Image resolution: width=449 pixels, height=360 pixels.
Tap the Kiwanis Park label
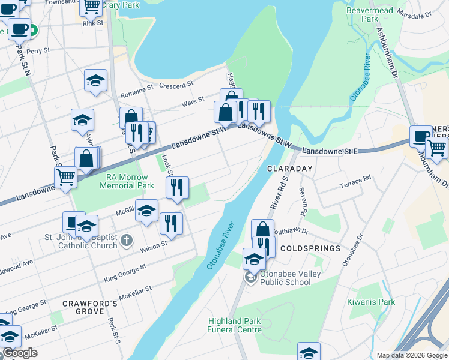click(x=371, y=302)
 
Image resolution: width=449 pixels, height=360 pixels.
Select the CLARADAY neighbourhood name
click(x=290, y=169)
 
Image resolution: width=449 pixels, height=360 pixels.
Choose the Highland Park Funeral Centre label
click(x=234, y=325)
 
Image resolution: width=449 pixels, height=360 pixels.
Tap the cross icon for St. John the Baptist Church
click(x=126, y=241)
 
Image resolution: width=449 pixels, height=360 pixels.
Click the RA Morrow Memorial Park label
click(x=122, y=181)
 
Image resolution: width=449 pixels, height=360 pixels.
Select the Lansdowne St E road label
click(x=330, y=151)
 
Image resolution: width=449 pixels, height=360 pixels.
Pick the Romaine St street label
click(x=137, y=91)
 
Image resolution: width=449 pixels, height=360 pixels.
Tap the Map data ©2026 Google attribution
click(x=412, y=355)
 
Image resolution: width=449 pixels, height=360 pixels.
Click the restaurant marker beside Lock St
click(x=177, y=188)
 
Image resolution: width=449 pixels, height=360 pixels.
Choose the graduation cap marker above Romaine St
click(x=95, y=81)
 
